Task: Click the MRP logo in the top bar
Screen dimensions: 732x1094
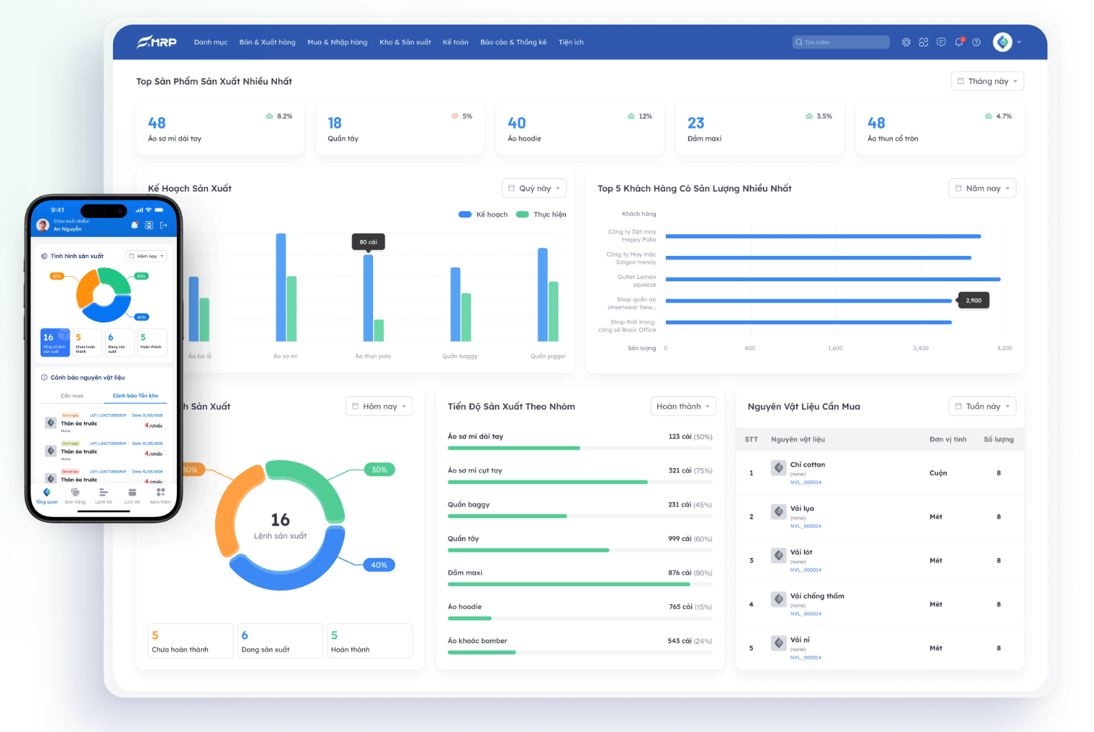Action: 157,42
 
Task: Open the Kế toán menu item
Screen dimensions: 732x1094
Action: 456,42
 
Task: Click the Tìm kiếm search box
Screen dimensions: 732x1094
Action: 840,42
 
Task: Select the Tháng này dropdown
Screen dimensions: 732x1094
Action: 987,81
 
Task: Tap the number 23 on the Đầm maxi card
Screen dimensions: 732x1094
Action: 696,123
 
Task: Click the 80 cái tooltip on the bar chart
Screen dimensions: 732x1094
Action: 368,242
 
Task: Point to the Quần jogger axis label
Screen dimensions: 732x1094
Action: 548,356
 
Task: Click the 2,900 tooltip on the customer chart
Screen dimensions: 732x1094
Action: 974,300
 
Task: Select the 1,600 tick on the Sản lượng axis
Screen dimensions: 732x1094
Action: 835,349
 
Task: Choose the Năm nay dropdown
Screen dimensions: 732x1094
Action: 982,188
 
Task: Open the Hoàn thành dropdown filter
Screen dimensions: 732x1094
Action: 683,407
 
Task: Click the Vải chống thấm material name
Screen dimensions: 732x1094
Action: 817,596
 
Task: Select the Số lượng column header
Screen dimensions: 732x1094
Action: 998,439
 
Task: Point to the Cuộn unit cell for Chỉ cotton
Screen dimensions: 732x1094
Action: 938,473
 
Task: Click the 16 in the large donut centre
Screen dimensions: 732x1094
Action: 280,520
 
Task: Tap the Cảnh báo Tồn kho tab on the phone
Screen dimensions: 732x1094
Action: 135,396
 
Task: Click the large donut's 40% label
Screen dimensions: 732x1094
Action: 379,565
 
